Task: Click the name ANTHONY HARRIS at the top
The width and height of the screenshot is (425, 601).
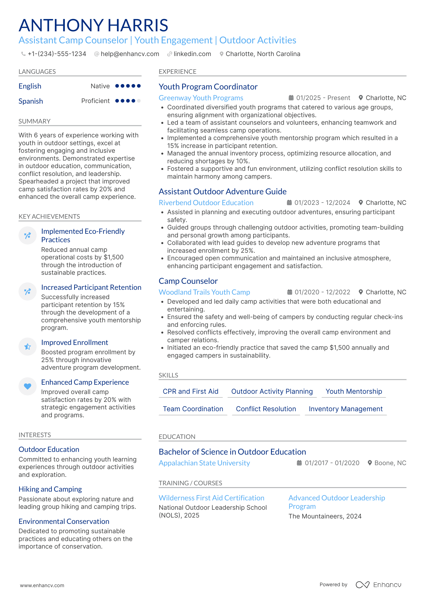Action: point(93,25)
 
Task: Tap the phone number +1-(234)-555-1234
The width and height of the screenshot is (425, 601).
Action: point(57,54)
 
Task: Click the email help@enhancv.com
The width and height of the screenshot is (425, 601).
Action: point(130,54)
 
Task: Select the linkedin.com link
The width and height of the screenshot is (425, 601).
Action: point(192,54)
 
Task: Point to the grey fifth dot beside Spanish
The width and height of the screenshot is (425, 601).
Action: point(139,101)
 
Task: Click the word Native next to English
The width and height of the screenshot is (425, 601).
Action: point(100,86)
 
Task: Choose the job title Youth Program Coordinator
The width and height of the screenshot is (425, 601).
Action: point(208,87)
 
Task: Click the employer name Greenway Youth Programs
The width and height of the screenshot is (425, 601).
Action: point(201,98)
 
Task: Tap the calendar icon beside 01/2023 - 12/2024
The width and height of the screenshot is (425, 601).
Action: point(289,203)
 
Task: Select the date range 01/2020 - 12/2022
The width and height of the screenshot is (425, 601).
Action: point(322,292)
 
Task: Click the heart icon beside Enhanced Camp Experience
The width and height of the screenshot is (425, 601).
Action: point(27,386)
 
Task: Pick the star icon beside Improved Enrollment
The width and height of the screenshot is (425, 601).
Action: point(27,346)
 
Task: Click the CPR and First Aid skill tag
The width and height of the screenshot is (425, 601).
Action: point(190,391)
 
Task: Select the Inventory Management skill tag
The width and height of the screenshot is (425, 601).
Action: point(345,409)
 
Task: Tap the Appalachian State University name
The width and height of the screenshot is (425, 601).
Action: point(204,463)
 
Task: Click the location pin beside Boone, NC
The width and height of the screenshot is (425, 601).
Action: point(370,463)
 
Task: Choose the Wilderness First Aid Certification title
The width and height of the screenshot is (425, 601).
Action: point(211,498)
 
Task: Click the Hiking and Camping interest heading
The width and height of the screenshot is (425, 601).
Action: point(50,489)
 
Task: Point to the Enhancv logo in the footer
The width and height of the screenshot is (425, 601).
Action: point(378,585)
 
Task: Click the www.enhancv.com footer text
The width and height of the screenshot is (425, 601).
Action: point(42,585)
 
